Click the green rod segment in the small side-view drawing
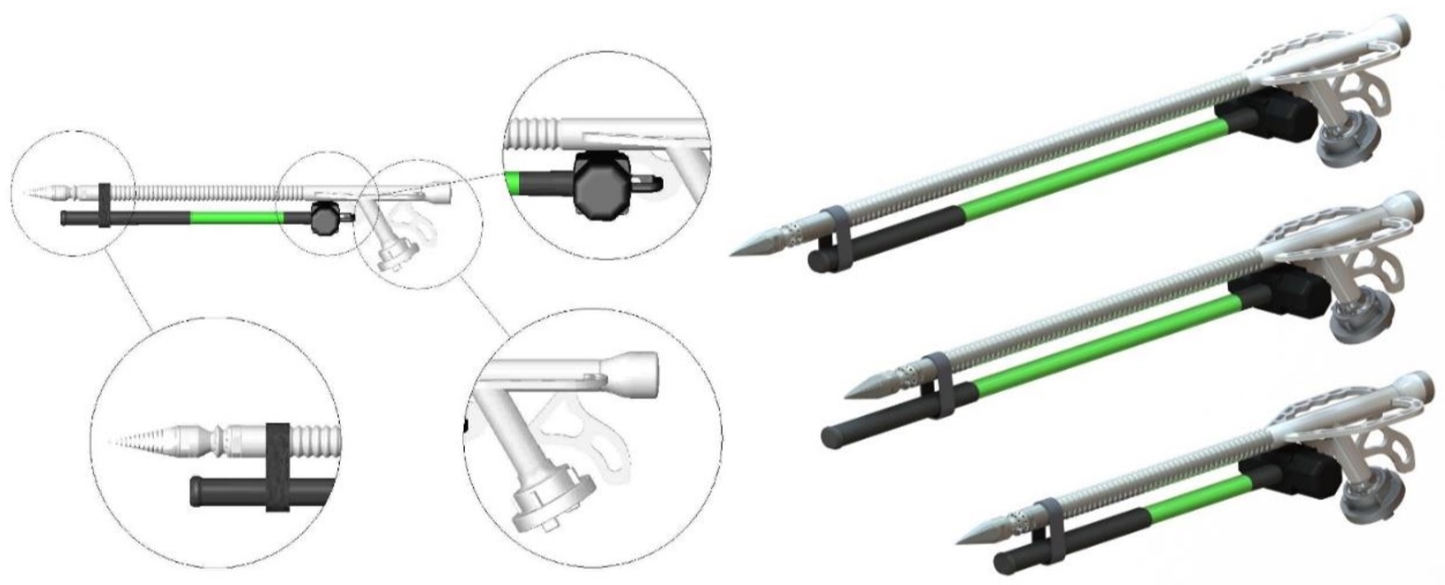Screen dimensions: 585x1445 click(x=235, y=218)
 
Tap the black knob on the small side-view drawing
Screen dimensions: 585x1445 click(x=324, y=217)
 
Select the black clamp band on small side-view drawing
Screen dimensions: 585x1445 click(x=104, y=206)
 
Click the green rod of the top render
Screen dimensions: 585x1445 click(x=1089, y=173)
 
